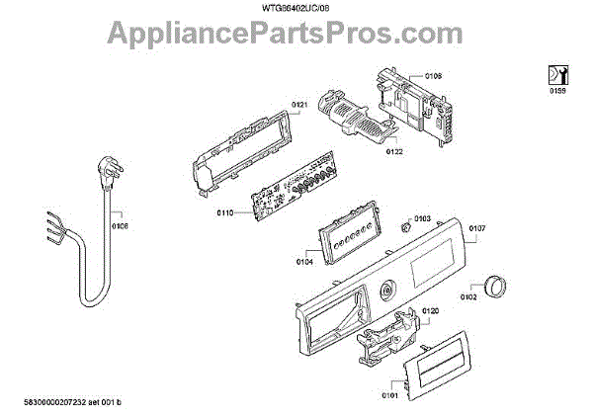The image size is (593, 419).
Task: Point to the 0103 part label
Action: click(x=422, y=218)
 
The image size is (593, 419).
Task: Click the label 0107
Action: click(x=476, y=229)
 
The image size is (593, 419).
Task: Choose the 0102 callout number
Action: click(x=468, y=294)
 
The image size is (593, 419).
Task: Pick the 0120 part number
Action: click(x=429, y=311)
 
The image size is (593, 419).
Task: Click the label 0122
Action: click(x=393, y=151)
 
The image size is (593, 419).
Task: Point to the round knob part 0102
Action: click(x=498, y=286)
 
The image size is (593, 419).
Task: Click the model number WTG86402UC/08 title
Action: click(x=296, y=8)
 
